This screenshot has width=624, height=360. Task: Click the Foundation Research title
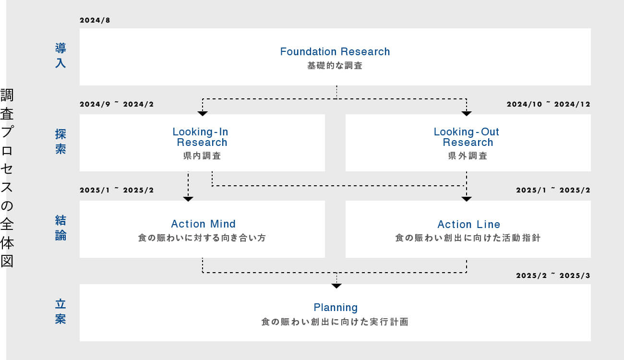(335, 51)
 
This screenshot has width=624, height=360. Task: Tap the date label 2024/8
(95, 20)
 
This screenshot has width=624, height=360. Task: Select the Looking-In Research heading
(201, 137)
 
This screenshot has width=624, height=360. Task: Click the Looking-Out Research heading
(467, 137)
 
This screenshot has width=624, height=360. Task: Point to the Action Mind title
(203, 224)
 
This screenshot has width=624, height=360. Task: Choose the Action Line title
(468, 224)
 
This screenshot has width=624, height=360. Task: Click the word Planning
(336, 307)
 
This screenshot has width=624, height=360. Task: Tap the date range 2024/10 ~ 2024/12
(548, 104)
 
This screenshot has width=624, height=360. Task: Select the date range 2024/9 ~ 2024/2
(117, 104)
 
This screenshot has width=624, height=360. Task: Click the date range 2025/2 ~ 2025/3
(553, 276)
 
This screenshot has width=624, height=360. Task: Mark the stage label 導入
(60, 55)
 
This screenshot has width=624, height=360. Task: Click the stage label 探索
(60, 142)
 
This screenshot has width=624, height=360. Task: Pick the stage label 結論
(60, 228)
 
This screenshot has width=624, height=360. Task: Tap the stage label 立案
(60, 312)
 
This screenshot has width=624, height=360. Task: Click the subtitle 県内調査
(202, 156)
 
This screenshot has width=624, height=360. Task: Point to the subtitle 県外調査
(468, 156)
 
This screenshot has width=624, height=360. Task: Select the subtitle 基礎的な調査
(335, 66)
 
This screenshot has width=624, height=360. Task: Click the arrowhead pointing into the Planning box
(336, 286)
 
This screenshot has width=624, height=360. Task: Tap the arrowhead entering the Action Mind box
(188, 199)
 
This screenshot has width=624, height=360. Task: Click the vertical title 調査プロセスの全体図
(7, 178)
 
